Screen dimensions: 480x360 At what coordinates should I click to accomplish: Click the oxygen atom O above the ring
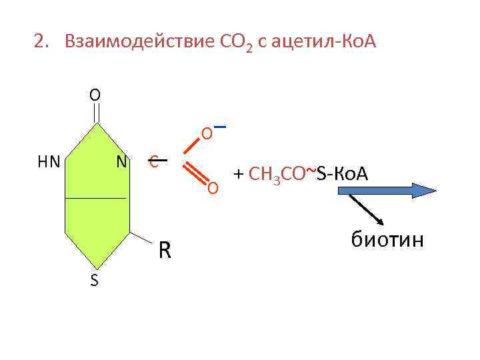tap(95, 95)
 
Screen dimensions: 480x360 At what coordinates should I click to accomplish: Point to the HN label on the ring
tap(49, 161)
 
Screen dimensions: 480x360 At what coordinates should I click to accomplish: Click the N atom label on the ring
tap(121, 161)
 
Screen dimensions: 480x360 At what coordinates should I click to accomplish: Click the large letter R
tap(165, 250)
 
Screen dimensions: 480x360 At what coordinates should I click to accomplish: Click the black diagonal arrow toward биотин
tap(366, 210)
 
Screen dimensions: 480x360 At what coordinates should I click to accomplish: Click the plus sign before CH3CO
tap(238, 175)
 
